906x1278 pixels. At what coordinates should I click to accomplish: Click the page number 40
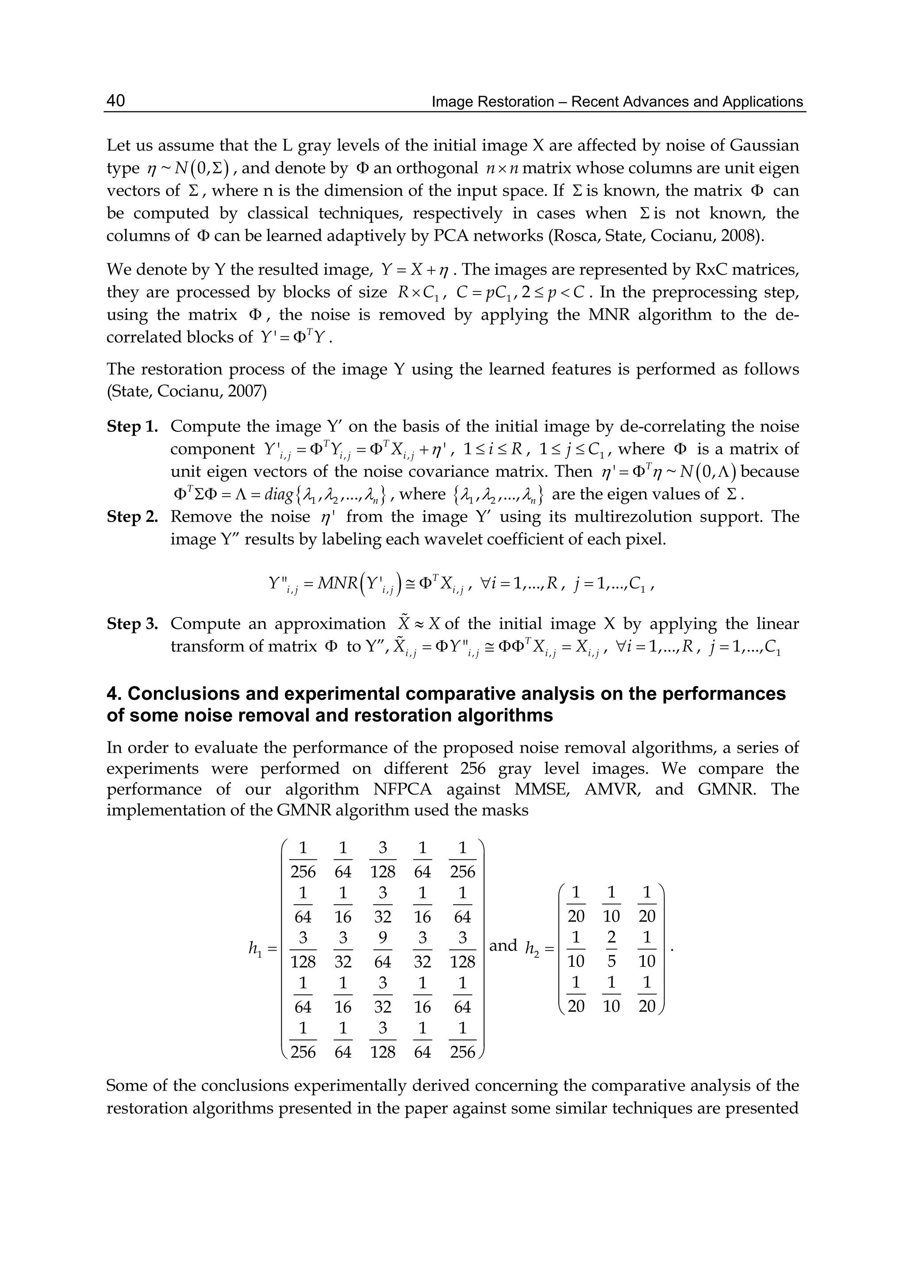click(x=115, y=101)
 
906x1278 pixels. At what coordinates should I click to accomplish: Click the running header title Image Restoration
click(x=493, y=102)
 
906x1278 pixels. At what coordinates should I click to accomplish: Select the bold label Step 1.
click(x=132, y=427)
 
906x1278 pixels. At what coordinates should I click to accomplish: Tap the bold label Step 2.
click(x=132, y=517)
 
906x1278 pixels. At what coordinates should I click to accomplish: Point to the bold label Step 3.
click(x=132, y=624)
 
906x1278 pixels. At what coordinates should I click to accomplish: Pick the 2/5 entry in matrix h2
click(x=611, y=949)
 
